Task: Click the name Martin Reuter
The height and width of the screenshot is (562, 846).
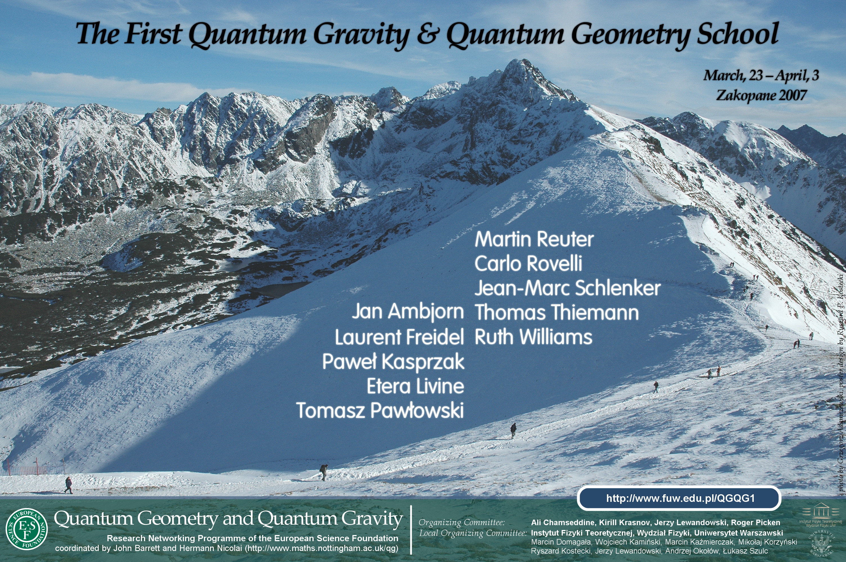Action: tap(534, 239)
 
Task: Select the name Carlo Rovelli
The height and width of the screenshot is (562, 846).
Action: tap(528, 264)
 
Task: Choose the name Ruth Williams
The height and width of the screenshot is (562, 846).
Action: tap(534, 337)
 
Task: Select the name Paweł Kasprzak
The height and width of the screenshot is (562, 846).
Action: tap(393, 362)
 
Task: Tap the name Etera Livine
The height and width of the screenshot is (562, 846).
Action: tap(415, 386)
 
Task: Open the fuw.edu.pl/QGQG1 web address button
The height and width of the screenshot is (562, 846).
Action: tap(679, 498)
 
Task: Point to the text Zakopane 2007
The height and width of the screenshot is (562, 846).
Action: tap(761, 95)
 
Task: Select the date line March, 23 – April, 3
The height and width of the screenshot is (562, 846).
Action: tap(761, 76)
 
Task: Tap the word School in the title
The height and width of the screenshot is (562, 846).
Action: tap(737, 34)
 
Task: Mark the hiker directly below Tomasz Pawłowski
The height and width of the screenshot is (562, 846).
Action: tap(323, 472)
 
